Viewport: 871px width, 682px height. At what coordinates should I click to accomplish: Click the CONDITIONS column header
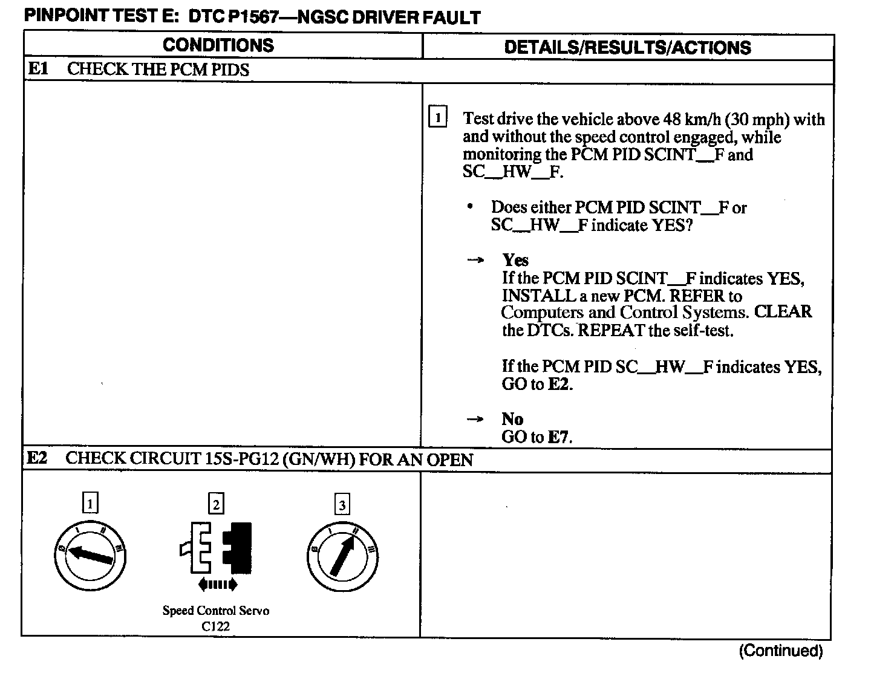[x=218, y=45]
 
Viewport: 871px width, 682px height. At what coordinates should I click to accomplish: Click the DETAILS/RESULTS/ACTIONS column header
[x=627, y=48]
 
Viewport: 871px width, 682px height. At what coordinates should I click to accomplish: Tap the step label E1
[x=38, y=69]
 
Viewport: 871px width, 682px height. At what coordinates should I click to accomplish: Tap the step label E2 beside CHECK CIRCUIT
[x=38, y=458]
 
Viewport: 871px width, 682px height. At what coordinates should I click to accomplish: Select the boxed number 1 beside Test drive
[x=437, y=117]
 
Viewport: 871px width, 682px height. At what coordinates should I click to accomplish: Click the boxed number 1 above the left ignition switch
[x=90, y=503]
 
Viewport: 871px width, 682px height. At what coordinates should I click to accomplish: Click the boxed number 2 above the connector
[x=216, y=504]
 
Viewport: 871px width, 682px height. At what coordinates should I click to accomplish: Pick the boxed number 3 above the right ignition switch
[x=342, y=504]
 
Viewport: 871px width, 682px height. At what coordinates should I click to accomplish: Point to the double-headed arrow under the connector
[x=218, y=585]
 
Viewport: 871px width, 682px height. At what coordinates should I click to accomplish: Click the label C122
[x=216, y=627]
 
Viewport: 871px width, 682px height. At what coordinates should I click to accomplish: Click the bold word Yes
[x=515, y=260]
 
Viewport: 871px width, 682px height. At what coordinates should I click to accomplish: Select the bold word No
[x=512, y=419]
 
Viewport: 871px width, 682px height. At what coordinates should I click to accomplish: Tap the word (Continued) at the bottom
[x=780, y=651]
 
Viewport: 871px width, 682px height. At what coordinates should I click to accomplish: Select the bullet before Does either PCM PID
[x=470, y=207]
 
